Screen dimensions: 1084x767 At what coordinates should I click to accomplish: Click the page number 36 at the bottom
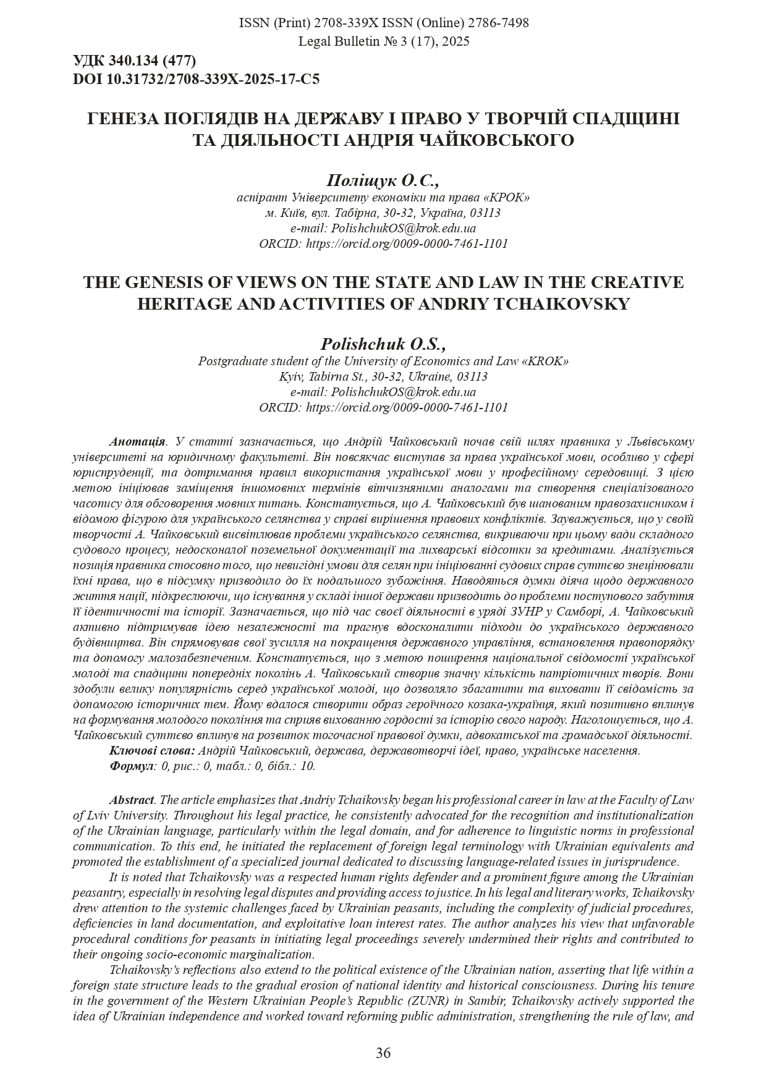click(x=383, y=1053)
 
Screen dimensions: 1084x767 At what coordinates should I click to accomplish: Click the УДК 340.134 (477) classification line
click(x=134, y=61)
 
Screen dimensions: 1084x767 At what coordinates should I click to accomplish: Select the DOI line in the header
click(x=196, y=79)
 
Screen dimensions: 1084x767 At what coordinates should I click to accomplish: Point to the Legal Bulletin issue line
click(x=383, y=41)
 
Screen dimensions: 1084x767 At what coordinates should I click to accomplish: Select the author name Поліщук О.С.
click(x=383, y=180)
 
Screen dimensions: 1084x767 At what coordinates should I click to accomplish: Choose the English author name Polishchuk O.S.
click(x=383, y=344)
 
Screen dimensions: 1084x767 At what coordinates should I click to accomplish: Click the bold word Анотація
click(x=137, y=442)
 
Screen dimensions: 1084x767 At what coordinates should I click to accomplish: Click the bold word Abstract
click(x=132, y=800)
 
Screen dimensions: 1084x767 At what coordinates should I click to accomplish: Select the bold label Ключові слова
click(x=152, y=751)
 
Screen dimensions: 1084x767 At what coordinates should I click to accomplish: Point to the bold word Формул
click(x=132, y=766)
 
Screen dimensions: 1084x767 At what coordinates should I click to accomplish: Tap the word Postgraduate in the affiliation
click(x=235, y=361)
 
